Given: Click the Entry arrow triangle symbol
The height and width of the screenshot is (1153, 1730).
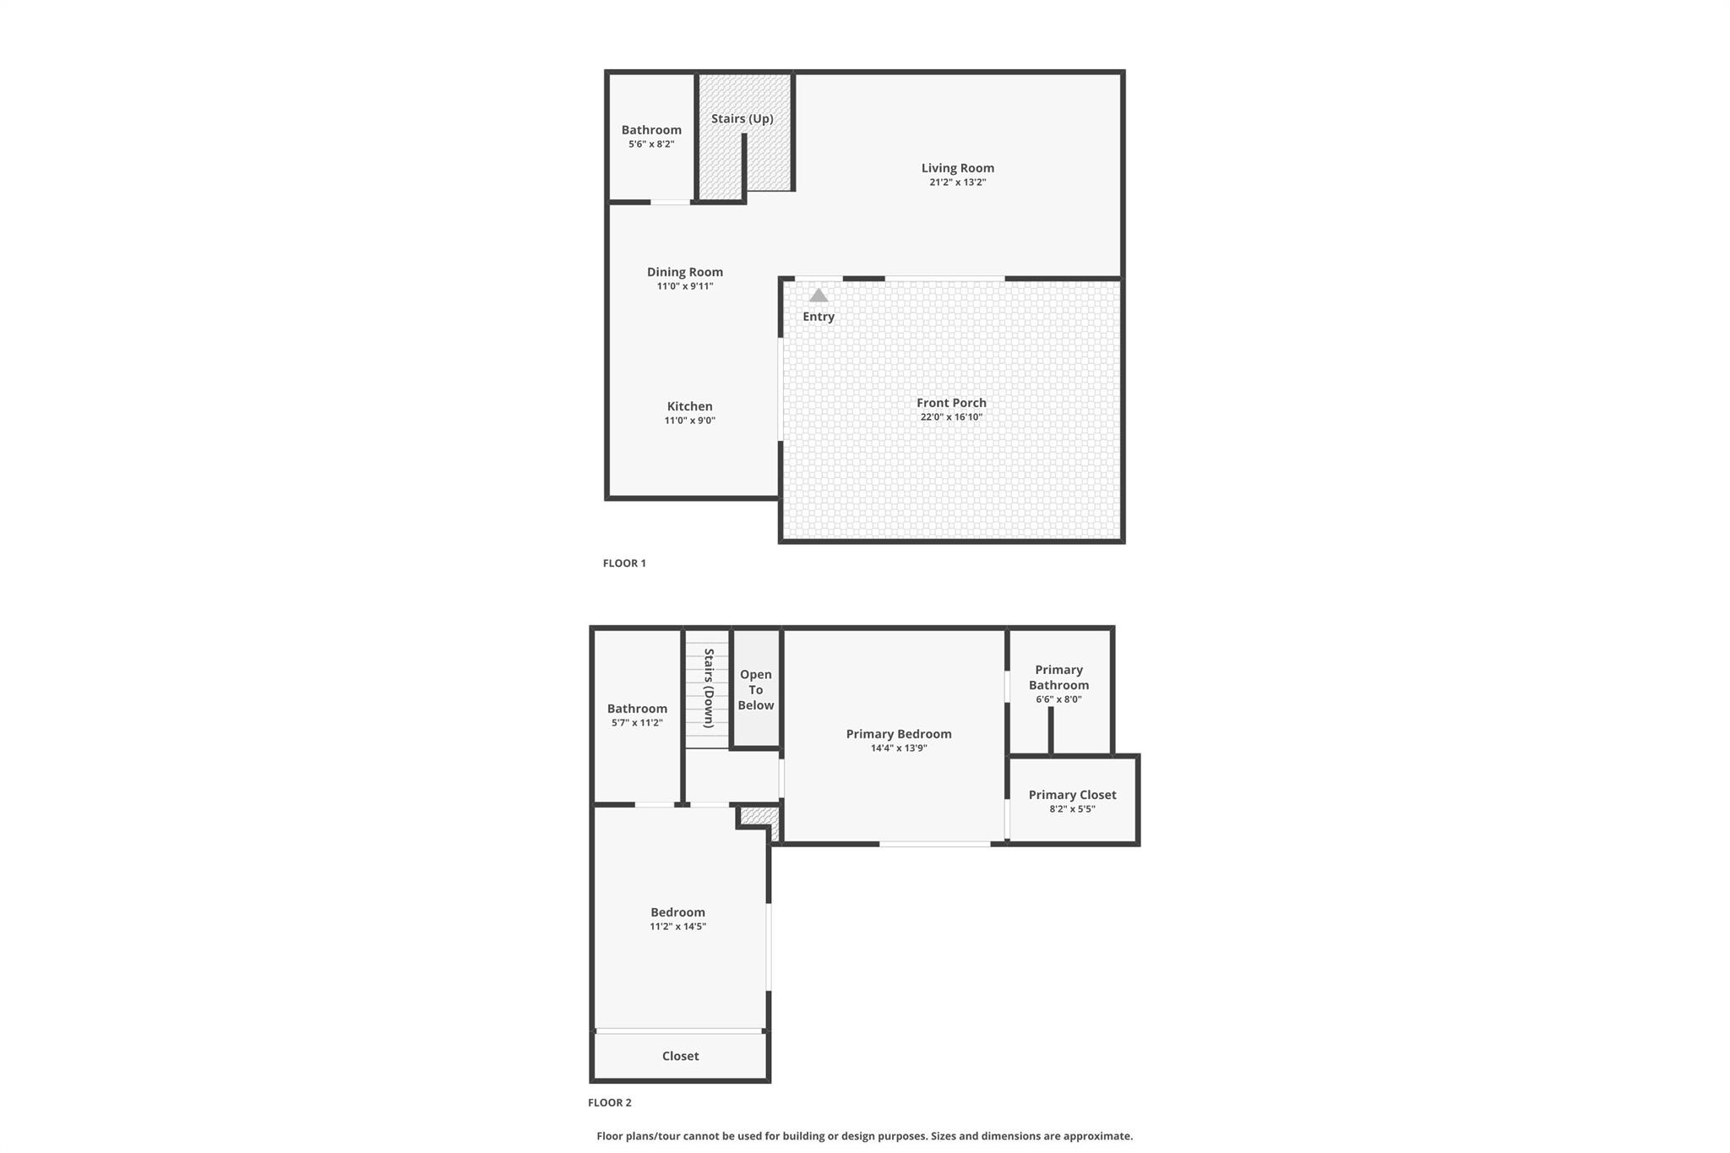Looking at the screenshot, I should [x=819, y=296].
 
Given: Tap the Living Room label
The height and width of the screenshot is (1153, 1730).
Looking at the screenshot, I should [x=957, y=168].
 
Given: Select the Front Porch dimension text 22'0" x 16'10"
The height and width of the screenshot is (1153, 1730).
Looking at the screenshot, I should [x=951, y=417].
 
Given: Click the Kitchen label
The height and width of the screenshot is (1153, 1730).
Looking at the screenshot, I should [x=689, y=406].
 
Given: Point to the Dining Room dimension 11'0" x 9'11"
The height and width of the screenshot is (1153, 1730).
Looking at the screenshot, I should [x=685, y=286].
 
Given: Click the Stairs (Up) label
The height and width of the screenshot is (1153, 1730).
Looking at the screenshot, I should [x=742, y=119].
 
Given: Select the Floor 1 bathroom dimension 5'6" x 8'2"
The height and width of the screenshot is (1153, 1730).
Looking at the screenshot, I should [x=651, y=144].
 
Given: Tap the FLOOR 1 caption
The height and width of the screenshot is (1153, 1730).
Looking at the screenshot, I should [x=624, y=563].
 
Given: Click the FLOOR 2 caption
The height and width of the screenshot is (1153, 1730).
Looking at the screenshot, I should [x=610, y=1102].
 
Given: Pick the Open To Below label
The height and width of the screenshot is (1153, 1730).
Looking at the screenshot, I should [x=755, y=690].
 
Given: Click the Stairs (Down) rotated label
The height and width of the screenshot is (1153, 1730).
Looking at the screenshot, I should [x=709, y=688].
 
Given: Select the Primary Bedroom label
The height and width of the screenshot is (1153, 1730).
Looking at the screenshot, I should [x=899, y=734].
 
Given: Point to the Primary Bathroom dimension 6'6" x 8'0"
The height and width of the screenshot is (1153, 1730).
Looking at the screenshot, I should [x=1058, y=699].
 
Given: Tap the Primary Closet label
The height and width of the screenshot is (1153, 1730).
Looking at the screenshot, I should [x=1072, y=795].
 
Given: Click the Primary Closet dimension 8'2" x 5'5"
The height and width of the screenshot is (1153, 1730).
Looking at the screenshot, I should [x=1072, y=809].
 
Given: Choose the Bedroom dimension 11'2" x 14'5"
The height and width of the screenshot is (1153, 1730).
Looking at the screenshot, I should [x=677, y=927].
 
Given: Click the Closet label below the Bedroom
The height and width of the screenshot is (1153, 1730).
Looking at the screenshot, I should [x=680, y=1056].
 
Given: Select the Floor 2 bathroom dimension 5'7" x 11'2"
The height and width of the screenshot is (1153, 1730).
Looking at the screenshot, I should [x=637, y=723].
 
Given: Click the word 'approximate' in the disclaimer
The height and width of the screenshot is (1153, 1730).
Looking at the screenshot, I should [x=1097, y=1136].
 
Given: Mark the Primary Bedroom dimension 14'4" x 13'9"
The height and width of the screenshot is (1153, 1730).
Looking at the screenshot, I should [x=899, y=748].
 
